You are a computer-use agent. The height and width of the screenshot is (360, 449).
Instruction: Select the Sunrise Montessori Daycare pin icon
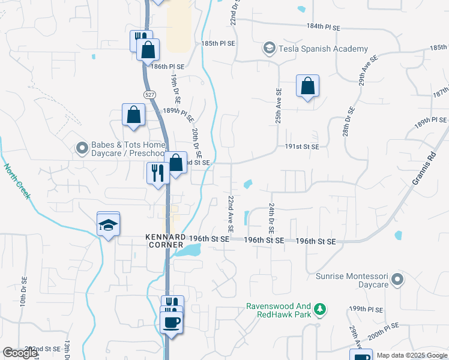(396, 279)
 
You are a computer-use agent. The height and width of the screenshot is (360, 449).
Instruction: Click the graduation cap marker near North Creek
(108, 224)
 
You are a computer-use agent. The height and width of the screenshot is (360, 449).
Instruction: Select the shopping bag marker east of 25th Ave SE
(307, 86)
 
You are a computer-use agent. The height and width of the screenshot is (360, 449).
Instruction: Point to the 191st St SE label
(302, 146)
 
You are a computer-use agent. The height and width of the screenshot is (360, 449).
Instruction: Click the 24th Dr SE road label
(271, 218)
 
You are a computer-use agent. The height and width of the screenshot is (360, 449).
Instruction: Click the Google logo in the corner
(20, 353)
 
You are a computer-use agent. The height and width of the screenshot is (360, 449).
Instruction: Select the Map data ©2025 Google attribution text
(412, 355)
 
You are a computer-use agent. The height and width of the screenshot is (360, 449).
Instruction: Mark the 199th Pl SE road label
(366, 309)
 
